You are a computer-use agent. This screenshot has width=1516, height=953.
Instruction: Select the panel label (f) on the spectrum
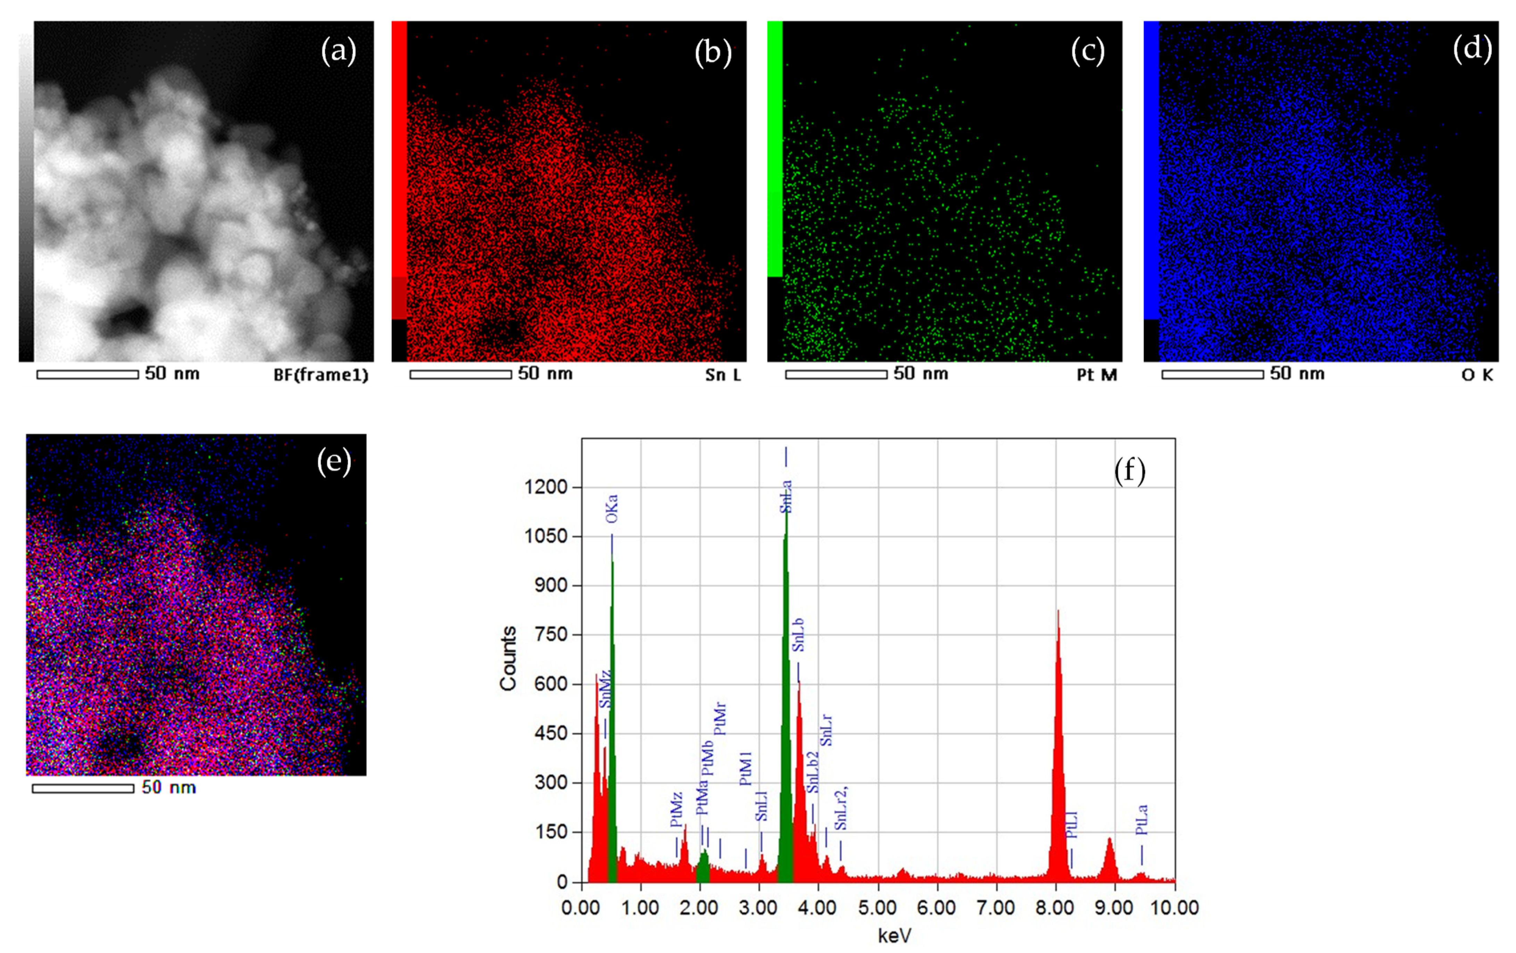pyautogui.click(x=1130, y=471)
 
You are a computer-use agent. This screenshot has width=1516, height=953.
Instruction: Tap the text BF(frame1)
pyautogui.click(x=320, y=375)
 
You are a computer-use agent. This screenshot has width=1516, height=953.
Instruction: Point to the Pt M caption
pyautogui.click(x=1096, y=375)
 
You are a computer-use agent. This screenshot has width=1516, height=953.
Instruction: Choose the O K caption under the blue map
pyautogui.click(x=1477, y=375)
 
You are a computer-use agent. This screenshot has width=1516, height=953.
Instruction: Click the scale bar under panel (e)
pyautogui.click(x=83, y=788)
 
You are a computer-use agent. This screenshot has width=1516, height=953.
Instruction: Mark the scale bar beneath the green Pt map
pyautogui.click(x=836, y=375)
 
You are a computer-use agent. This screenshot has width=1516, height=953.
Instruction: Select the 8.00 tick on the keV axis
pyautogui.click(x=1055, y=908)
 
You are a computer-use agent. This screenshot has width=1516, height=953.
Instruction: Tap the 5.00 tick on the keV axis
pyautogui.click(x=877, y=908)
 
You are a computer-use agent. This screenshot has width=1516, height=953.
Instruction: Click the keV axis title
pyautogui.click(x=894, y=936)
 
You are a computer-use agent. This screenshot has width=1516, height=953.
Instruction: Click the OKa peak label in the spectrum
pyautogui.click(x=611, y=509)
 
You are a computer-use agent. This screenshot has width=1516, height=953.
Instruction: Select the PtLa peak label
pyautogui.click(x=1141, y=820)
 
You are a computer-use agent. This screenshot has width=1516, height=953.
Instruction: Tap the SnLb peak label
pyautogui.click(x=798, y=635)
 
